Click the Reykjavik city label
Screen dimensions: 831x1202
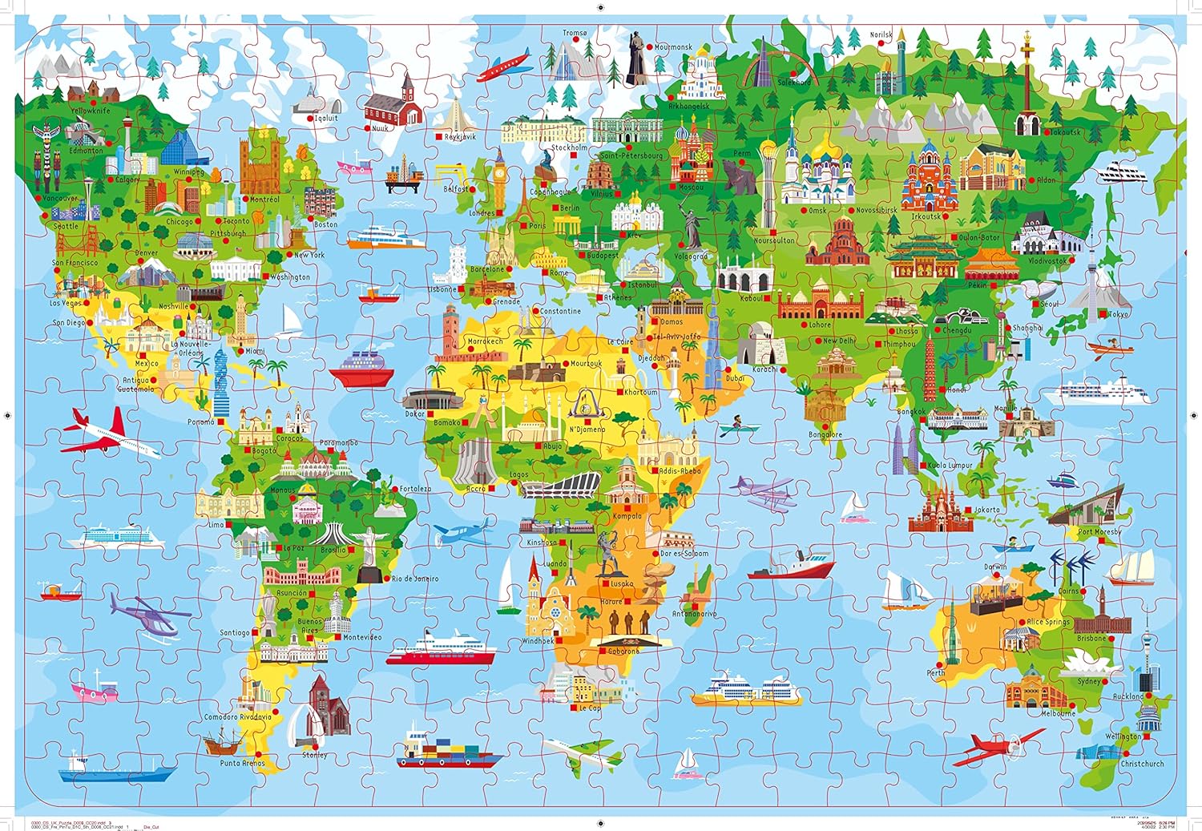460,137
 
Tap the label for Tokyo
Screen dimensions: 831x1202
1119,315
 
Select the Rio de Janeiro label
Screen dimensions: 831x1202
414,579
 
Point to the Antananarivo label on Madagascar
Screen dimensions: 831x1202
695,614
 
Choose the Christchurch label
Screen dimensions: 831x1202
1143,764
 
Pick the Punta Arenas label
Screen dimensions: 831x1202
242,763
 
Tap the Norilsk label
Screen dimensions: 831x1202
881,35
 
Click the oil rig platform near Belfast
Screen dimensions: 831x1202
403,178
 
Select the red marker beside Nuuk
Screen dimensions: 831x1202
367,128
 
